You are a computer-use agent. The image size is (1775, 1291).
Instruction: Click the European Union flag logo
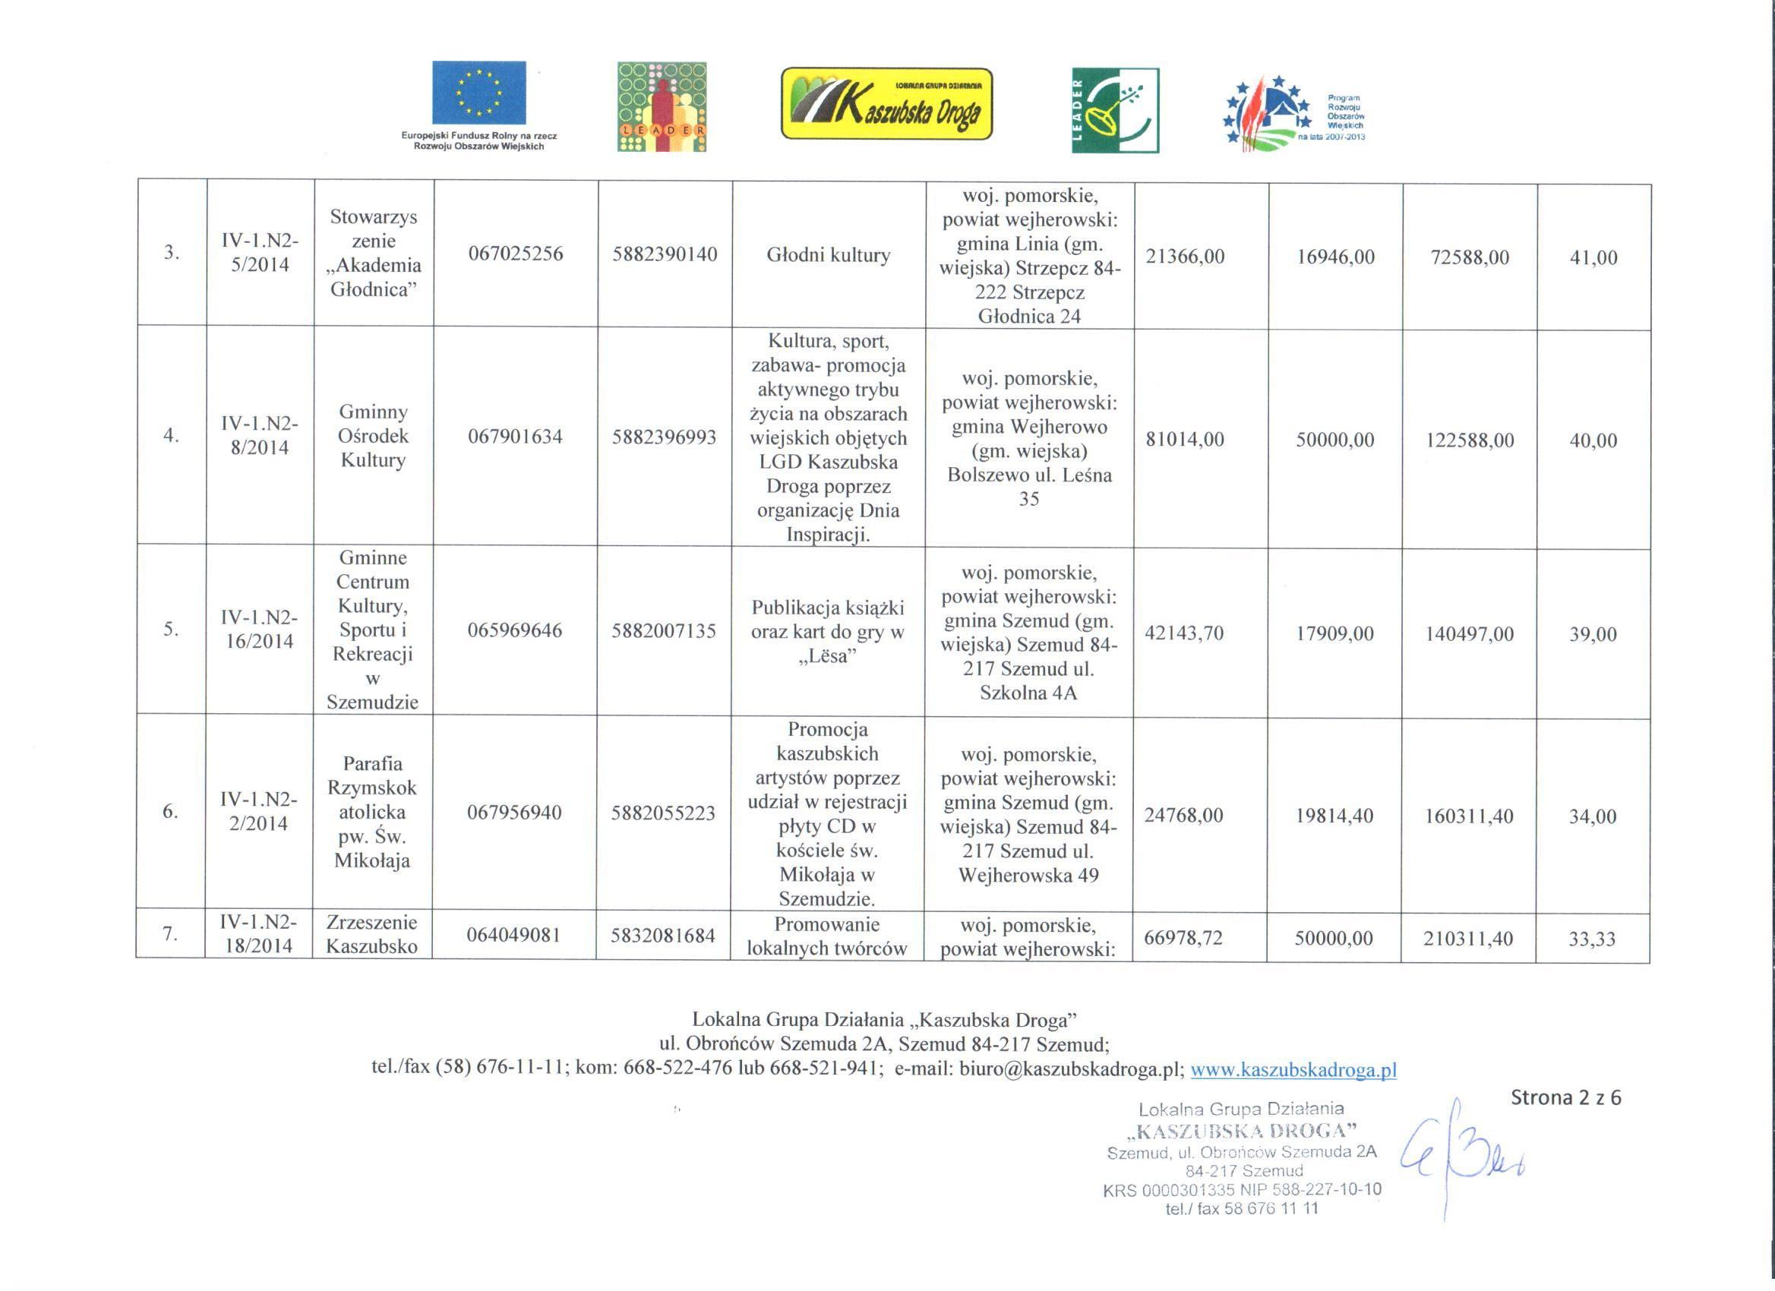click(479, 93)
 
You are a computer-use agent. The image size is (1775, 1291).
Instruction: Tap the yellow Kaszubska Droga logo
click(886, 104)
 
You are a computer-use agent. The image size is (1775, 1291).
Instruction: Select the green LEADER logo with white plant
click(1115, 110)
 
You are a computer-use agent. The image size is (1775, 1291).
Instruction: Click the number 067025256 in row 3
click(516, 254)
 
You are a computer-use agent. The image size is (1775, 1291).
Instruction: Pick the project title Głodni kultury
click(828, 255)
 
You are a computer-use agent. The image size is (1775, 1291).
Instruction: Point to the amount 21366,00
click(1185, 256)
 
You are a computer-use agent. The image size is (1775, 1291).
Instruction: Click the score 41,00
click(1593, 257)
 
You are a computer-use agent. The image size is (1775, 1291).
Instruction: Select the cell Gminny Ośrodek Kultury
click(374, 435)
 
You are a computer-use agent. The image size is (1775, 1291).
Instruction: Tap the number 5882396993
click(664, 437)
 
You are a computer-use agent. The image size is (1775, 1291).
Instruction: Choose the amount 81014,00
click(1185, 439)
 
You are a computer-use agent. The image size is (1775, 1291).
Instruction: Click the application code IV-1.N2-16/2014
click(259, 629)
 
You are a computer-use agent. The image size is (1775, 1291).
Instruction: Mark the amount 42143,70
click(1184, 633)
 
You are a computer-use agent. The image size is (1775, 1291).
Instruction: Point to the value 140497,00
click(1469, 635)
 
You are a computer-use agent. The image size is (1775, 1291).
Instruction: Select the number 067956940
click(514, 812)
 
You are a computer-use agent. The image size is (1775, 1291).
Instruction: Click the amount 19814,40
click(1334, 816)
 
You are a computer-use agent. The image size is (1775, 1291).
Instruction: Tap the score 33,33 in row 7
click(1593, 938)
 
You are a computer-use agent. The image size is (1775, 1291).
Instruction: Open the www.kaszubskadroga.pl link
click(1293, 1069)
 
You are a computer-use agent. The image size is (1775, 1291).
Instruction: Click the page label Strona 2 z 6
click(1565, 1098)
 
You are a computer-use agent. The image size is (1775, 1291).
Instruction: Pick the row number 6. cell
click(170, 811)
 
